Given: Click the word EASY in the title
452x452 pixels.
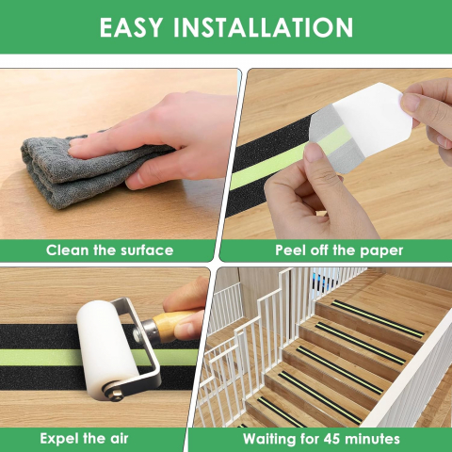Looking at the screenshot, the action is (x=132, y=27).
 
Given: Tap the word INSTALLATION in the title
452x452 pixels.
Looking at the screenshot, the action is (x=264, y=27).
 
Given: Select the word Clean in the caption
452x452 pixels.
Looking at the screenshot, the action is (x=67, y=250).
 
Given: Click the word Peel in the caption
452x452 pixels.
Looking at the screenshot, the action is (x=291, y=250).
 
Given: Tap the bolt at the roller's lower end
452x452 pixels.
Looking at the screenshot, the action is (x=115, y=394).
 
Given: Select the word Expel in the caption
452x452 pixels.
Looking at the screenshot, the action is (x=59, y=438).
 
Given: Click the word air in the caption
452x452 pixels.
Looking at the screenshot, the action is (x=120, y=439).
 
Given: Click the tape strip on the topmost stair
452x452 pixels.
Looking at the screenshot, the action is (x=378, y=318).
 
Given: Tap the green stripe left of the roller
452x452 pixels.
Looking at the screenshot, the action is (x=40, y=358).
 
